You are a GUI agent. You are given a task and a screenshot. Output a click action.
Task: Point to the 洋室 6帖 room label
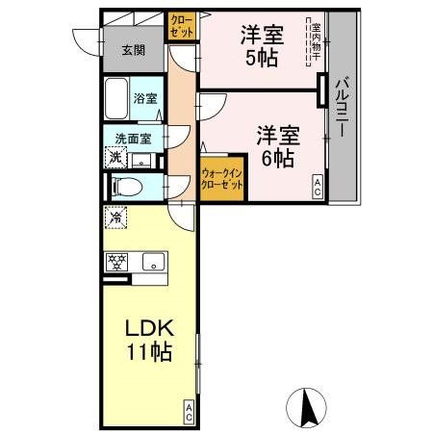(275, 146)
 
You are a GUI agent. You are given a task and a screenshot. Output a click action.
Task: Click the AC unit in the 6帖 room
(316, 189)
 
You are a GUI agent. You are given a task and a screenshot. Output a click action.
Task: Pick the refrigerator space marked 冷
(115, 217)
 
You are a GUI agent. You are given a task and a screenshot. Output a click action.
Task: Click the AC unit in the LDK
(190, 413)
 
